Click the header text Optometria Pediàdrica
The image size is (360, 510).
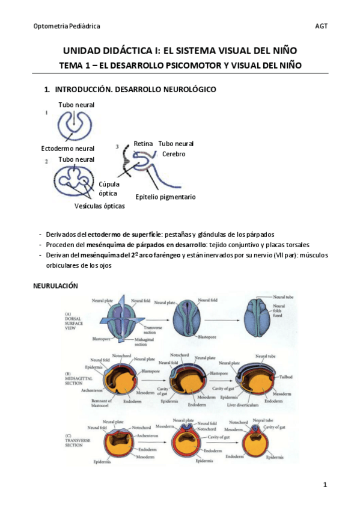[67, 26]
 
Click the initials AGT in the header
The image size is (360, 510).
[321, 26]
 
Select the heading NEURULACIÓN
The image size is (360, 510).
[55, 286]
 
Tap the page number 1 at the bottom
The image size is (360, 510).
[325, 485]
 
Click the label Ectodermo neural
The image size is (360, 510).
[67, 148]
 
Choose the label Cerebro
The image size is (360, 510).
[174, 154]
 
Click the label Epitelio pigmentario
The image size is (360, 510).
[165, 197]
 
